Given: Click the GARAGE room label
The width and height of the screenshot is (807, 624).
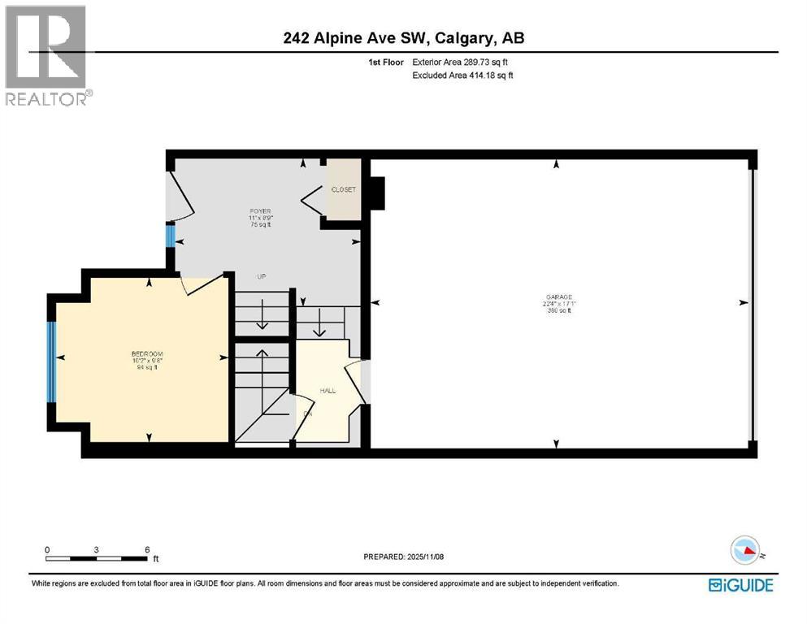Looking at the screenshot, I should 558,297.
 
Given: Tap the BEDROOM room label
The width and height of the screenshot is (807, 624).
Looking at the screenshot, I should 147,353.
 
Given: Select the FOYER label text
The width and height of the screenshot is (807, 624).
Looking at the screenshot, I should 260,211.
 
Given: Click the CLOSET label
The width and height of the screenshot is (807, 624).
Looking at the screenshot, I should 343,189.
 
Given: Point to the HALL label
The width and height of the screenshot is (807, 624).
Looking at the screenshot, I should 328,391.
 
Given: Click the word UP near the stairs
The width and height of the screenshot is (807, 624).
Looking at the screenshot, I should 262,277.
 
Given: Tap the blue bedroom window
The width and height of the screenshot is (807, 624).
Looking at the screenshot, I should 52,362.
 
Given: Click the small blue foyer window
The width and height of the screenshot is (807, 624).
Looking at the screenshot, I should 170,236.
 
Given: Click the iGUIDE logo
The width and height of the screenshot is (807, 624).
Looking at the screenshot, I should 740,584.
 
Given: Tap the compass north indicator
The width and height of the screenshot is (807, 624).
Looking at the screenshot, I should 747,552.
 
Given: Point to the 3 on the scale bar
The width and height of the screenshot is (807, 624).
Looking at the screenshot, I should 97,549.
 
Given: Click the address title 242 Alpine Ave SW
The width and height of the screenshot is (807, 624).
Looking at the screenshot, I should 403,38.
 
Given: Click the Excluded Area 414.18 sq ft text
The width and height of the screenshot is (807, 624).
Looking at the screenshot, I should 462,76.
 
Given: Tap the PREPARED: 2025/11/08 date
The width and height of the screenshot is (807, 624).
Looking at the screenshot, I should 404,557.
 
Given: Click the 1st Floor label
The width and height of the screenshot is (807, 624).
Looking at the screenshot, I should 382,62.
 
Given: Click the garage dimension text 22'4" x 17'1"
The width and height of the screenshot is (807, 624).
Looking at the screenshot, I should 558,304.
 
